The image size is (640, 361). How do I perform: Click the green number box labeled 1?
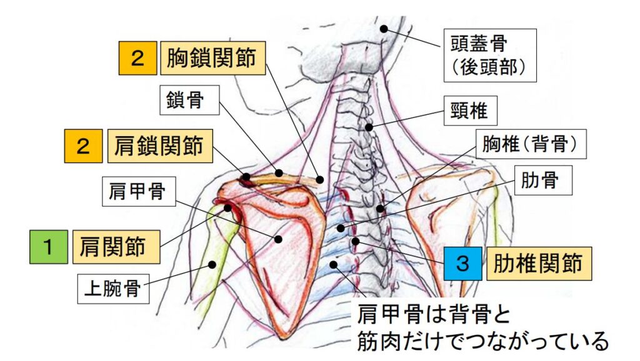(49, 247)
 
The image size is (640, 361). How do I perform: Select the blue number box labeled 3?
(462, 263)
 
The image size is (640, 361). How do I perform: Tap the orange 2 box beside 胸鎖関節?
(137, 58)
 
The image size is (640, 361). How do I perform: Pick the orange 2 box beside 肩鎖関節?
(83, 146)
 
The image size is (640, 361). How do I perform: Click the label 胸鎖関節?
(212, 58)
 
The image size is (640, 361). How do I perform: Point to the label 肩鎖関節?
(159, 146)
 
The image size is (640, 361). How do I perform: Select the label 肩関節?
(116, 247)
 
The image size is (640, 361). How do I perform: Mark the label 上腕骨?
(116, 289)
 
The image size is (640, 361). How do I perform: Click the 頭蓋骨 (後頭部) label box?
(489, 54)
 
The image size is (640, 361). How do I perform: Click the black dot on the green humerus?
(212, 265)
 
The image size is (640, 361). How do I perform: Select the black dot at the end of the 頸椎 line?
(369, 127)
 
